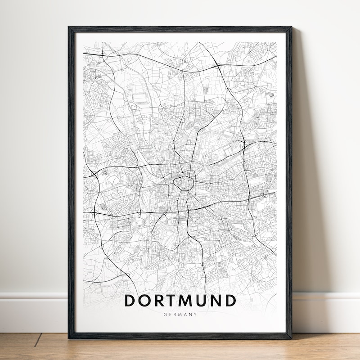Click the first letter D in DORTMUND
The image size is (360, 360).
pyautogui.click(x=130, y=300)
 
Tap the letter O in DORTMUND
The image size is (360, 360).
pyautogui.click(x=145, y=300)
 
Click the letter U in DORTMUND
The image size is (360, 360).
pyautogui.click(x=204, y=300)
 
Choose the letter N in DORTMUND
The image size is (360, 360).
pyautogui.click(x=218, y=300)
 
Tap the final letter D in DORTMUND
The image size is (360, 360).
pyautogui.click(x=231, y=300)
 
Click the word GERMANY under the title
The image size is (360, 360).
pyautogui.click(x=180, y=315)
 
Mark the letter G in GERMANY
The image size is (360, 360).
pyautogui.click(x=166, y=315)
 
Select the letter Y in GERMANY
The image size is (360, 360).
pyautogui.click(x=195, y=315)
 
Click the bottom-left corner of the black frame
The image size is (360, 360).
pyautogui.click(x=70, y=337)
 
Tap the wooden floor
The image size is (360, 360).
pyautogui.click(x=180, y=349)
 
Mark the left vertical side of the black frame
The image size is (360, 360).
pyautogui.click(x=71, y=180)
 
